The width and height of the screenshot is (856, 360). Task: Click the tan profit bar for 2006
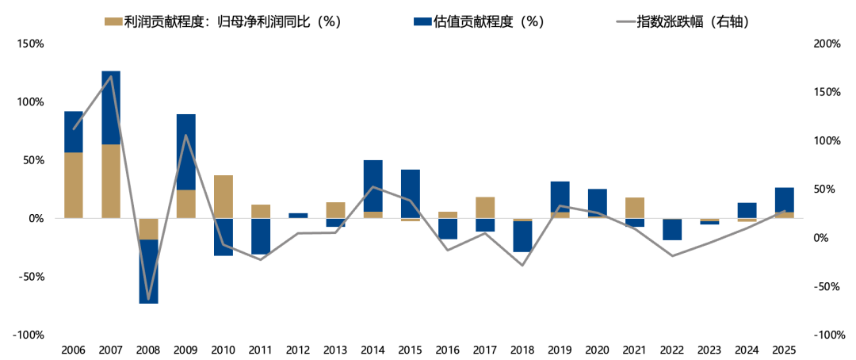click(x=74, y=185)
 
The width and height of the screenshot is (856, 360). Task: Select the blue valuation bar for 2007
click(x=111, y=107)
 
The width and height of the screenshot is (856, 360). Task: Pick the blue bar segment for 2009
click(x=185, y=151)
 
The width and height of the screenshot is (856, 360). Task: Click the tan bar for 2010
click(x=223, y=196)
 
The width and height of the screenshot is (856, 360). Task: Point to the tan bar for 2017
click(x=485, y=207)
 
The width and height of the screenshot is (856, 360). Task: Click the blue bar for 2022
click(x=671, y=229)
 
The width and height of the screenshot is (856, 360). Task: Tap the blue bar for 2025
click(x=784, y=200)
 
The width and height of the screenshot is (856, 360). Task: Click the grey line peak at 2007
click(x=111, y=76)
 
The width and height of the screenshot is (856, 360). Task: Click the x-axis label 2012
click(x=298, y=350)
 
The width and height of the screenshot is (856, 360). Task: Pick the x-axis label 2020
click(x=597, y=350)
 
